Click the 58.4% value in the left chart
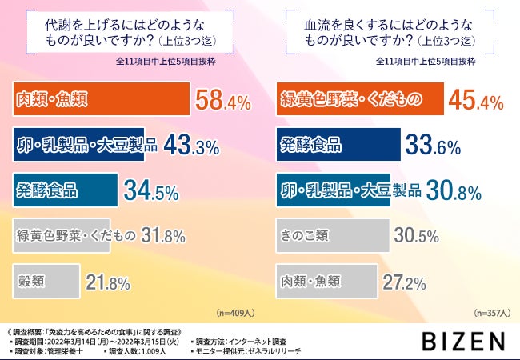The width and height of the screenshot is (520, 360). (223, 101)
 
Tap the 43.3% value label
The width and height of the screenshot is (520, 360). (191, 146)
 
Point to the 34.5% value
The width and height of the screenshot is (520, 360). (150, 191)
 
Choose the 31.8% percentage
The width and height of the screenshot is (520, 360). (163, 236)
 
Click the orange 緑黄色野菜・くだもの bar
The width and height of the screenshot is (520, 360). (359, 100)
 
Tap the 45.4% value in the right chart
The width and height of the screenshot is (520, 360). (475, 101)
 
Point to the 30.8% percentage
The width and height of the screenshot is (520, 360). (452, 191)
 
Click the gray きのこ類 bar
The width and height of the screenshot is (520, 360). (332, 236)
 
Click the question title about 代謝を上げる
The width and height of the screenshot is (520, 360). (129, 32)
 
